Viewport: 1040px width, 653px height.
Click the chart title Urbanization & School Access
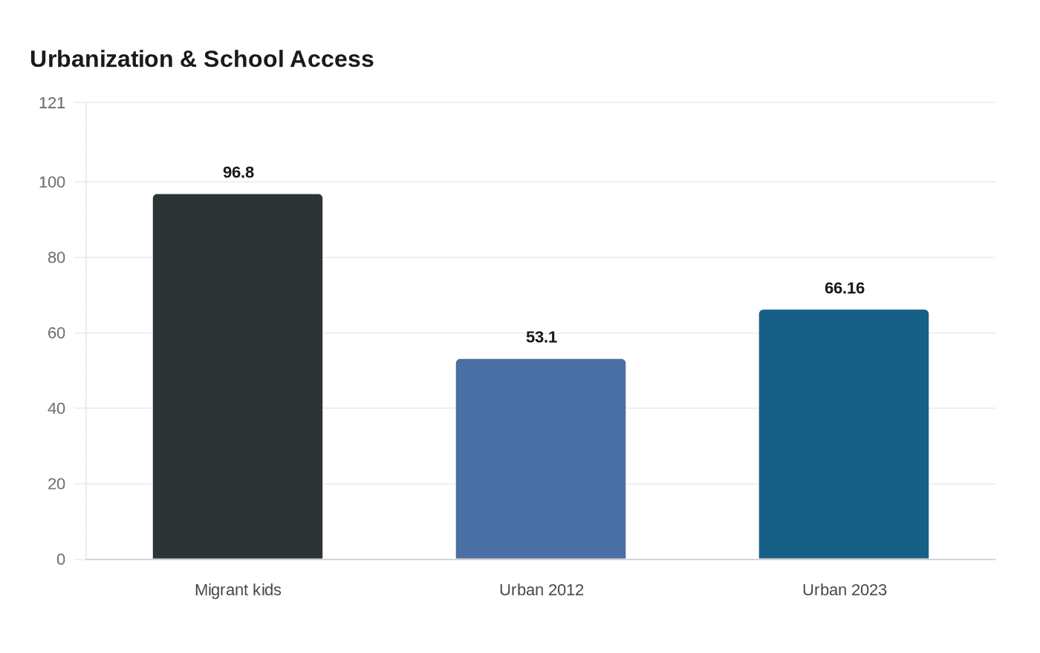[x=201, y=59]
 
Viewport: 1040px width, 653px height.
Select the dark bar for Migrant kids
[x=238, y=377]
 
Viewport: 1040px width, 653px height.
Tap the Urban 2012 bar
[x=541, y=459]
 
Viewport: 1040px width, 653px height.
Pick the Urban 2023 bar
[x=844, y=435]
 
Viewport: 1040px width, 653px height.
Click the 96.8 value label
[x=238, y=172]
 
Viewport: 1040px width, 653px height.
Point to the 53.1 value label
[x=542, y=337]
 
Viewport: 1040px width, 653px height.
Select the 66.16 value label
[x=845, y=288]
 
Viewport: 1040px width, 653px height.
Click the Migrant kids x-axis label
[x=238, y=590]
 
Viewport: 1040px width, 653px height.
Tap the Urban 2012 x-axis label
[x=542, y=590]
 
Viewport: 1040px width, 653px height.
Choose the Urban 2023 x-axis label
[x=845, y=590]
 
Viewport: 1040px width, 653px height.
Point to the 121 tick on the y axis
[x=52, y=103]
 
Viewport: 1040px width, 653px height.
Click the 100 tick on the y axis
[x=52, y=183]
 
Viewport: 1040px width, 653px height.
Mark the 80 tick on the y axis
[x=56, y=258]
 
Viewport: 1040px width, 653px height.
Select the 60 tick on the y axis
[x=56, y=333]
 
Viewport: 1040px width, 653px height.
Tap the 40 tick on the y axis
[x=56, y=409]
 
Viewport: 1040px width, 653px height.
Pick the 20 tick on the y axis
[x=56, y=484]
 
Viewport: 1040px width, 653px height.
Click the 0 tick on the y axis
[x=61, y=560]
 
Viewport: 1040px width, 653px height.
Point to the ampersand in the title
[x=188, y=59]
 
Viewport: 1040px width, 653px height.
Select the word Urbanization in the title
[x=102, y=59]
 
